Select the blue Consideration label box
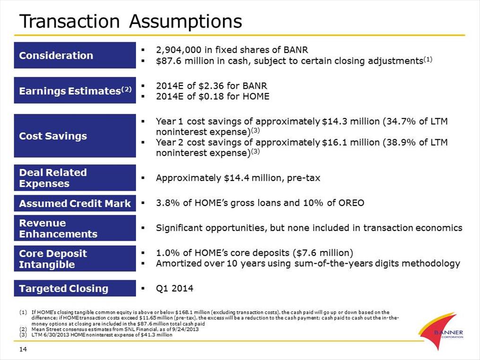[75, 55]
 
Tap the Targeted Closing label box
[75, 288]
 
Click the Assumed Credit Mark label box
[75, 203]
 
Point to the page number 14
[23, 349]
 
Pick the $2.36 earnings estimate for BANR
[210, 86]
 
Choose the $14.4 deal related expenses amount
[237, 178]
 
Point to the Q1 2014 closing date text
[174, 288]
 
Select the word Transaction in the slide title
[69, 21]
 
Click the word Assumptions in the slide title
[186, 22]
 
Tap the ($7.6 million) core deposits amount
[323, 253]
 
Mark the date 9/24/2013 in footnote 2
[187, 329]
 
